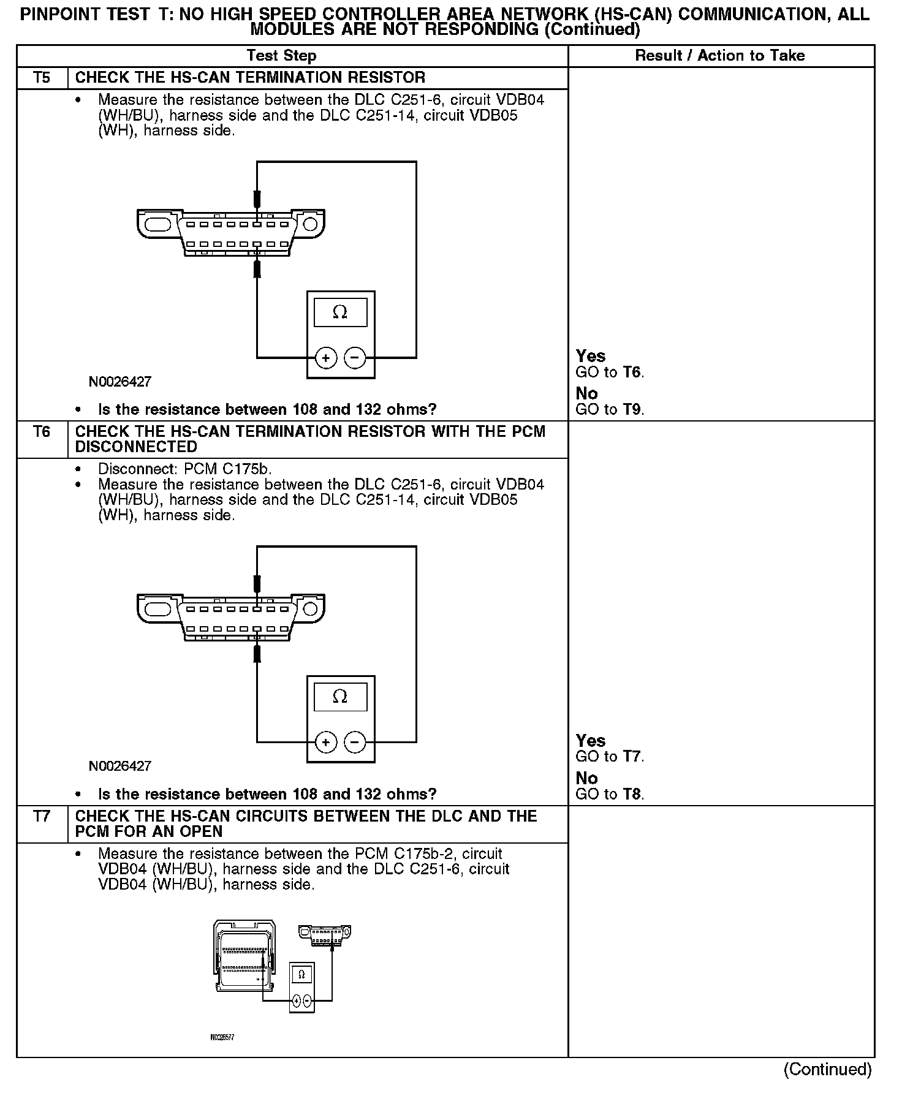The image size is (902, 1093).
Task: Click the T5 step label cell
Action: point(42,78)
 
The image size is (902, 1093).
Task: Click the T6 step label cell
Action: point(42,432)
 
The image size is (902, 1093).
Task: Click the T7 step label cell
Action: point(42,817)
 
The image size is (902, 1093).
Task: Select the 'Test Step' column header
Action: point(281,56)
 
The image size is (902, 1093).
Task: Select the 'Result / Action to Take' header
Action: point(719,56)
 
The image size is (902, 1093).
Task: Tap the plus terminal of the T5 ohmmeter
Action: point(326,358)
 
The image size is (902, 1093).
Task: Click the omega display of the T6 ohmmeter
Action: point(340,697)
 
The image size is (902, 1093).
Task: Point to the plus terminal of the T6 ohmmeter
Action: point(326,743)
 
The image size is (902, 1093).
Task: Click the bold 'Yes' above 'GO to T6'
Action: point(591,357)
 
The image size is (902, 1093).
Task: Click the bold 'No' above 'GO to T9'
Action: point(586,393)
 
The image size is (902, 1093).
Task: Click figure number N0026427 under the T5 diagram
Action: point(120,382)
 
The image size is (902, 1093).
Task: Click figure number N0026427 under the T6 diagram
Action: point(120,766)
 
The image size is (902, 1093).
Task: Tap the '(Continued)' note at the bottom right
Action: point(827,1069)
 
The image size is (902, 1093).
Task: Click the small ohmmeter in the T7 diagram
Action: point(301,986)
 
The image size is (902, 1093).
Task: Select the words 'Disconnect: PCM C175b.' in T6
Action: point(184,469)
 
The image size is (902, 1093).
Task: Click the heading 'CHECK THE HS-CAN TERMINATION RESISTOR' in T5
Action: point(250,78)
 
